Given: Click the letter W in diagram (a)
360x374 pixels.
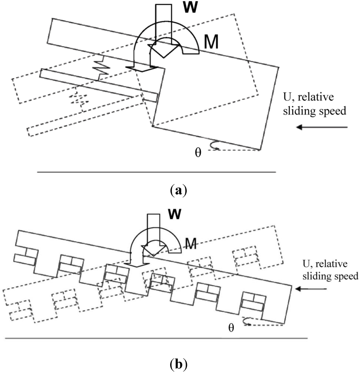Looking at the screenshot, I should click(193, 7).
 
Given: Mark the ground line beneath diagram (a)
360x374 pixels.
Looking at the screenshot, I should click(156, 172).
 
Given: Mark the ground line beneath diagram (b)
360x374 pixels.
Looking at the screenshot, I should click(156, 339).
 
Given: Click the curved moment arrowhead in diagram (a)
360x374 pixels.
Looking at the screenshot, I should click(143, 68).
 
